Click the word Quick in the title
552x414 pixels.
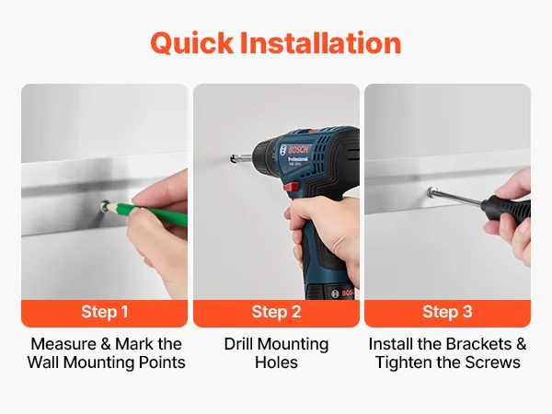[x=191, y=43]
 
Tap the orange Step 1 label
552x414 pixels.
[x=104, y=312]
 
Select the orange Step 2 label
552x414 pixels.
[x=276, y=312]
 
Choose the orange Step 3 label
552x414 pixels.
[x=447, y=312]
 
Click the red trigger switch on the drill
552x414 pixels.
[x=291, y=187]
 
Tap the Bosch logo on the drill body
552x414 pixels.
[x=299, y=149]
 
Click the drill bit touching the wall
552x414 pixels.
[x=241, y=158]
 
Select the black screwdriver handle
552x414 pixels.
[x=506, y=209]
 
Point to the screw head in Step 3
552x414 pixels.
[x=431, y=191]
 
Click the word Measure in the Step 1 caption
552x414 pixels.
[x=63, y=344]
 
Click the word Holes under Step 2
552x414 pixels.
[x=276, y=362]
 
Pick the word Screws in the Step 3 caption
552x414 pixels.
[x=492, y=362]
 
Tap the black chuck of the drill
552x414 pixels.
[x=264, y=155]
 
